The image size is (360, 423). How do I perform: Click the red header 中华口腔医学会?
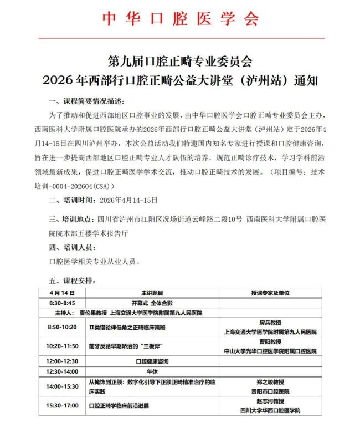[x=180, y=19]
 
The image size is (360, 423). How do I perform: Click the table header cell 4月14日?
[x=61, y=292]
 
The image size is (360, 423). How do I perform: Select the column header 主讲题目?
[x=151, y=292]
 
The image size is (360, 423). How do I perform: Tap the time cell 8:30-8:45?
[x=61, y=303]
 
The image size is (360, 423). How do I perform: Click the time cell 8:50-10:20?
[x=61, y=327]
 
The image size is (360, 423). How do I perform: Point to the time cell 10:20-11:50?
[x=61, y=346]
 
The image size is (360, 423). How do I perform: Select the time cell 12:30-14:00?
[x=61, y=371]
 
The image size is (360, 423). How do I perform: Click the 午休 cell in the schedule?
[x=151, y=371]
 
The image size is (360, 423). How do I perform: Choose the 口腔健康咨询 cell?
[x=151, y=361]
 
